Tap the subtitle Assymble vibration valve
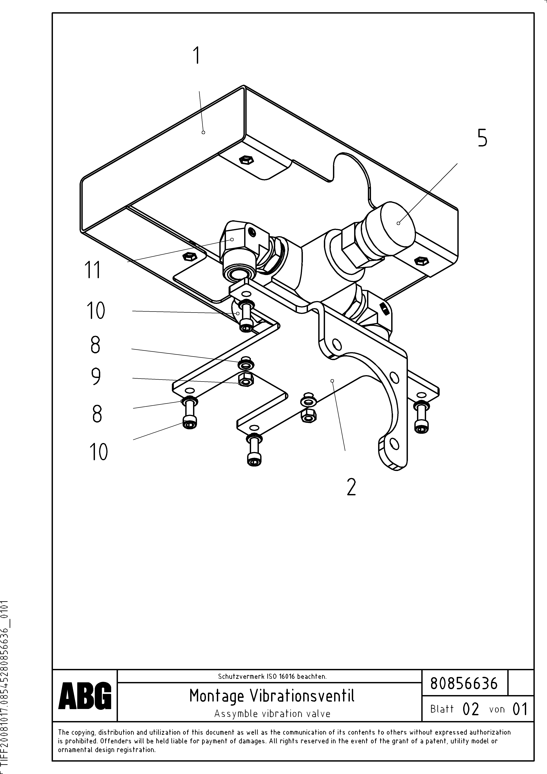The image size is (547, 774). click(x=272, y=714)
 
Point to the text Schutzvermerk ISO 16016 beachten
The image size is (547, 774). click(x=272, y=676)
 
